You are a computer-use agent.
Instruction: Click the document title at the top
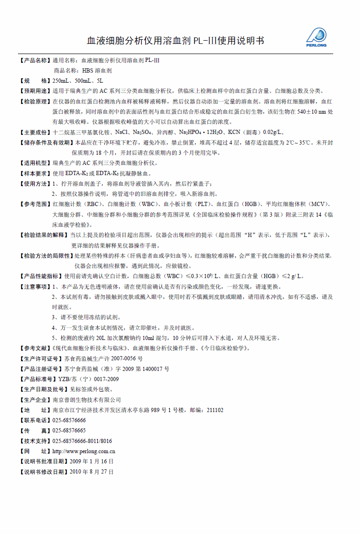click(175, 41)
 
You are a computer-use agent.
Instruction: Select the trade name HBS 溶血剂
click(96, 71)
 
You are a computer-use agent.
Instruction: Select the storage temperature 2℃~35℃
click(301, 143)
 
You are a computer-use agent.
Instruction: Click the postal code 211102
click(215, 410)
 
